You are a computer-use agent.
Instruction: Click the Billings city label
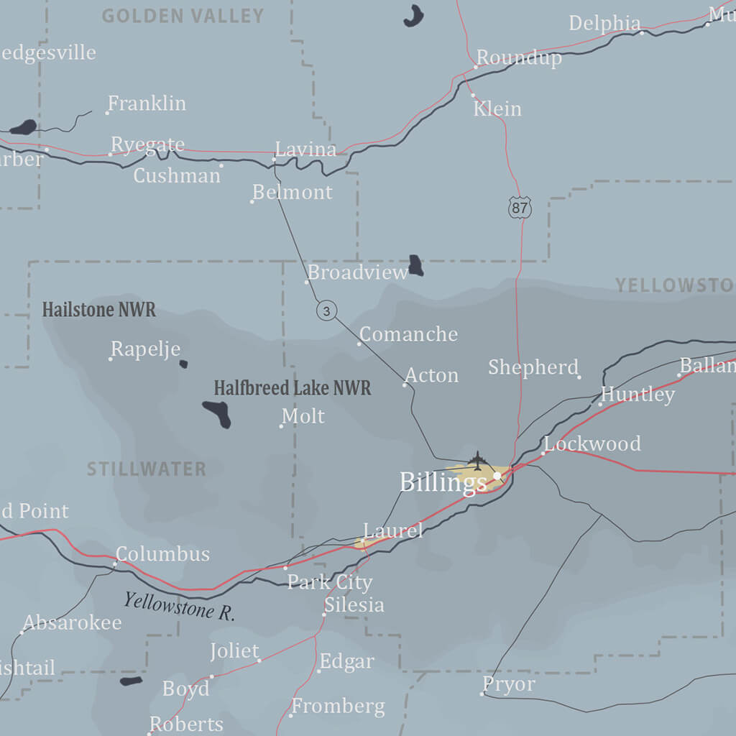tap(443, 482)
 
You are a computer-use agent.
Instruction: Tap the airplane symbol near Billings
tap(477, 459)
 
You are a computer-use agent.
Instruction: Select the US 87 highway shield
tap(519, 208)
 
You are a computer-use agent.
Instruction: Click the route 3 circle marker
tap(327, 310)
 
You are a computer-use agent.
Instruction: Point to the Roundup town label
tap(519, 57)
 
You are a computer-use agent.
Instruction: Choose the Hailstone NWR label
tap(98, 310)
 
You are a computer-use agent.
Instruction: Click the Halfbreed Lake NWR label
tap(293, 388)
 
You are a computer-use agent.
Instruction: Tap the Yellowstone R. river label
tap(179, 606)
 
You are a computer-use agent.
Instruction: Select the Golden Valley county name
tap(183, 16)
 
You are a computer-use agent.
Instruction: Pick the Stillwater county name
tap(147, 469)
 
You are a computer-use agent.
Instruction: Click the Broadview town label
tap(358, 272)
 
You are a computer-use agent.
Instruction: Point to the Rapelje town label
tap(145, 349)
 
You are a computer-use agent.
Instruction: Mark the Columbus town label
tap(162, 554)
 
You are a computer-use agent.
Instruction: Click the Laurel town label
tap(393, 531)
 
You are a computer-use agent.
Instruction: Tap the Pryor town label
tap(509, 685)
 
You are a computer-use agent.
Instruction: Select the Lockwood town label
tap(592, 443)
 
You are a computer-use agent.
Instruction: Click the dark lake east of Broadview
tap(415, 265)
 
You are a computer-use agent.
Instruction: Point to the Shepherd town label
tap(533, 367)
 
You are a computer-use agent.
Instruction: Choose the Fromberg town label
tap(338, 707)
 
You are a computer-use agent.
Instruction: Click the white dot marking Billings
tap(497, 476)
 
